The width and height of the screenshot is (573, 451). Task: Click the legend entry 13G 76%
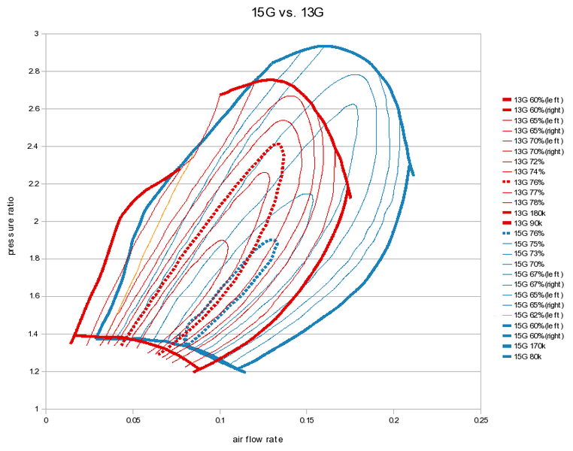530,182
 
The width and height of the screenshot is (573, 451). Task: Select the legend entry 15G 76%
530,234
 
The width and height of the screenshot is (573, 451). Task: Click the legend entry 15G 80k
530,356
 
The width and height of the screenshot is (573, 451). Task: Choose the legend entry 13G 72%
530,162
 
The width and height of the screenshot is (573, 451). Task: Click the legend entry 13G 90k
530,223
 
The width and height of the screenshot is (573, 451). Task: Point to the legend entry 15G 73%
530,254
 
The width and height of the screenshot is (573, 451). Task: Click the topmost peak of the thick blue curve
324,46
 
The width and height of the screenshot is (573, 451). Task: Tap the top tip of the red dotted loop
278,143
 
